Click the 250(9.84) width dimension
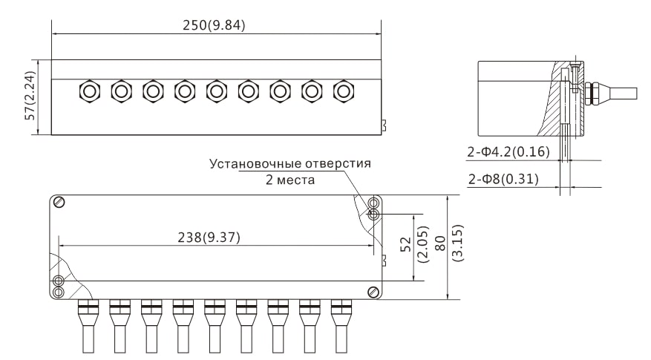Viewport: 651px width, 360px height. pyautogui.click(x=214, y=24)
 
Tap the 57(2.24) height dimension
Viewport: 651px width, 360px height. pyautogui.click(x=30, y=97)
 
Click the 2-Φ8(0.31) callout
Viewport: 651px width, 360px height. pyautogui.click(x=503, y=179)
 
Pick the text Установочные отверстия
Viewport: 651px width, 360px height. pyautogui.click(x=289, y=163)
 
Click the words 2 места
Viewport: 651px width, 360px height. pyautogui.click(x=290, y=180)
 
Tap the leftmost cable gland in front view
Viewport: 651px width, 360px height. pyautogui.click(x=88, y=91)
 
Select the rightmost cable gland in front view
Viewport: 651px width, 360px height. pyautogui.click(x=343, y=91)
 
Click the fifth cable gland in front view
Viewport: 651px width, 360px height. pyautogui.click(x=216, y=91)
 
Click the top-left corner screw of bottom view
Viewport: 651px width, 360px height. pyautogui.click(x=60, y=203)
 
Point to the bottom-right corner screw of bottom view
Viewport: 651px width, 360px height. pyautogui.click(x=373, y=292)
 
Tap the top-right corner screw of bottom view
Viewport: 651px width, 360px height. pyautogui.click(x=374, y=203)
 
